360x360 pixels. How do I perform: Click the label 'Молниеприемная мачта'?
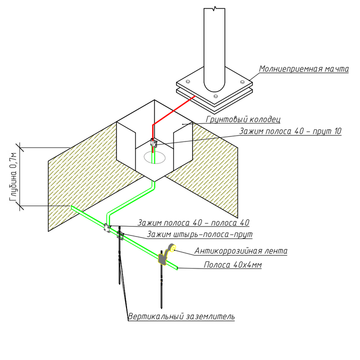[303, 69]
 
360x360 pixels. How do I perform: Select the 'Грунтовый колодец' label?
[243, 119]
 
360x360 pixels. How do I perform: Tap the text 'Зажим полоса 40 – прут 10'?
[290, 131]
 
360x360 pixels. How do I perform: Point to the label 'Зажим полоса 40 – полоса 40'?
[194, 222]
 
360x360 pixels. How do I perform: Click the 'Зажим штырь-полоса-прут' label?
[199, 234]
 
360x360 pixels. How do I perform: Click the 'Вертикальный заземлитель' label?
[181, 316]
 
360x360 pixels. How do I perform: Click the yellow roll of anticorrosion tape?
[171, 247]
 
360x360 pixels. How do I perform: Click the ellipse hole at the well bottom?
[154, 157]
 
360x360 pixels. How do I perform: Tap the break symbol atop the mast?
[214, 8]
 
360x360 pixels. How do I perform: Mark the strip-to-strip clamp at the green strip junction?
[107, 227]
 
